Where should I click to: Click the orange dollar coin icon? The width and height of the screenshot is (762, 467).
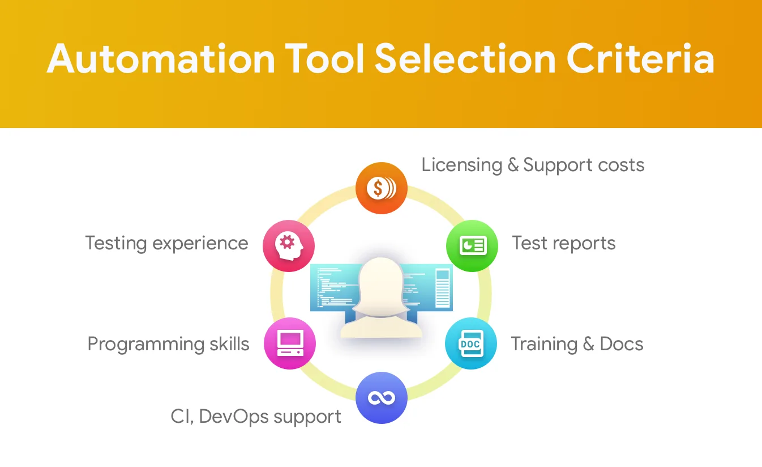point(382,188)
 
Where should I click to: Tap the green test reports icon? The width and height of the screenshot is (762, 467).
point(472,245)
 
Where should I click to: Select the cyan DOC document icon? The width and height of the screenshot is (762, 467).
point(471,343)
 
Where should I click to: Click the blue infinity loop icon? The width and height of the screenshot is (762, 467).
point(382,398)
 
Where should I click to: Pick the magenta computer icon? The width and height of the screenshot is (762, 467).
point(290,343)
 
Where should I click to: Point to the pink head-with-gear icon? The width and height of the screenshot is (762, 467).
point(289,245)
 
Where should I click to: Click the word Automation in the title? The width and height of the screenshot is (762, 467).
point(161,58)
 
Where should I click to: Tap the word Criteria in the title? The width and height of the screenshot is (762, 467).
point(640,58)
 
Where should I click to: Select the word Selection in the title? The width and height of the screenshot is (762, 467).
point(465,58)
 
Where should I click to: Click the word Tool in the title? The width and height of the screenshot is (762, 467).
point(325,58)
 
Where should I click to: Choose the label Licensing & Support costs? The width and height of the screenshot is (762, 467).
point(533,165)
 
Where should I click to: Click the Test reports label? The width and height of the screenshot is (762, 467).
point(564,243)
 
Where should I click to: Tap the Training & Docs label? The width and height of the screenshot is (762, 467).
point(577,343)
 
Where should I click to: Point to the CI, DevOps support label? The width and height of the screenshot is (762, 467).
point(256,417)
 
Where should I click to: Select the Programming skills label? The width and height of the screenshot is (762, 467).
point(168,344)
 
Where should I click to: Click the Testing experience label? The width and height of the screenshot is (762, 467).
point(166,244)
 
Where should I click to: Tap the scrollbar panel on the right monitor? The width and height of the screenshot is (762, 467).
point(443,288)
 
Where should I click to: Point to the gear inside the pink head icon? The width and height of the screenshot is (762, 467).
point(287,243)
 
